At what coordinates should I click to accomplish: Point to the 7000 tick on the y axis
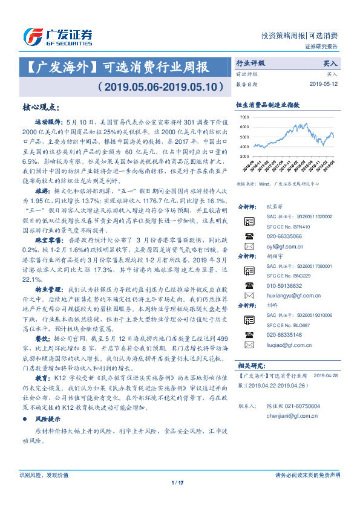pyautogui.click(x=243, y=116)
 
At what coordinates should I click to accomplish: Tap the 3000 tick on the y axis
pyautogui.click(x=243, y=155)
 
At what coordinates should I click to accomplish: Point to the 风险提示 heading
pyautogui.click(x=48, y=435)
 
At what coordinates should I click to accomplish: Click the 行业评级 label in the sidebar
pyautogui.click(x=250, y=63)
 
